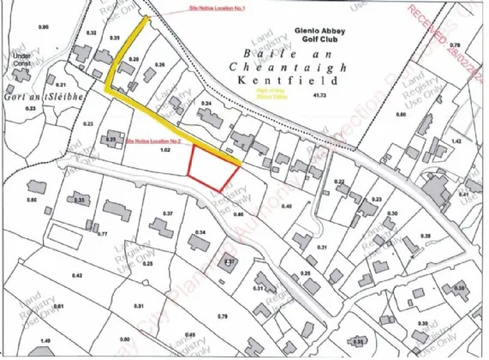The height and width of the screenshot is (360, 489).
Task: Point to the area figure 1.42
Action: click(456, 141)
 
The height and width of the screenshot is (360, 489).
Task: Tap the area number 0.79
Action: click(222, 317)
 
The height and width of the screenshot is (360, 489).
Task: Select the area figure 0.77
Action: click(102, 234)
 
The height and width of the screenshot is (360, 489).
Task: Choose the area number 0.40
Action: click(287, 207)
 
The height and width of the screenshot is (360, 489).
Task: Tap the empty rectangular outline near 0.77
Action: click(64, 232)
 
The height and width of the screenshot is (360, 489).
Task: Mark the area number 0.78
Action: click(455, 45)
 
